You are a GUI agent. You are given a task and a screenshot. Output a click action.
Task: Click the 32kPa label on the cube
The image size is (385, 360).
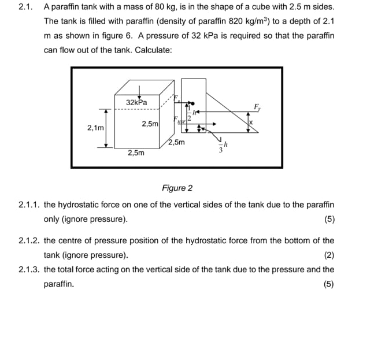(136, 102)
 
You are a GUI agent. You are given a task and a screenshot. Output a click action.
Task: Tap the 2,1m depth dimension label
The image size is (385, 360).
(95, 127)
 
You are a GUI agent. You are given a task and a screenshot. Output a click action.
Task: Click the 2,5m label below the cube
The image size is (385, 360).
(136, 153)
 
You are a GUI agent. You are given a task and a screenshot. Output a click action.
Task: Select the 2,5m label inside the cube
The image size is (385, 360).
(150, 124)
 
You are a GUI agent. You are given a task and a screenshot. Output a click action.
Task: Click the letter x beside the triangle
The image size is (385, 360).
(251, 123)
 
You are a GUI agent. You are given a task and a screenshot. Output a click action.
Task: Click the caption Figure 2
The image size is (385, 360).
(177, 188)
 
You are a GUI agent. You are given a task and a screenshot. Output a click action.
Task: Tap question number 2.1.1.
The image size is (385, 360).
(29, 205)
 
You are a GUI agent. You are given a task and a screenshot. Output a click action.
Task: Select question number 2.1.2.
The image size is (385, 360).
(29, 240)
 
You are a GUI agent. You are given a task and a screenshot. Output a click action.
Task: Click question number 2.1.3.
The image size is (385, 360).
(29, 269)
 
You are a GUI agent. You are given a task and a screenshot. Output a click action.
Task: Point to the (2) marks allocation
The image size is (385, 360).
(329, 255)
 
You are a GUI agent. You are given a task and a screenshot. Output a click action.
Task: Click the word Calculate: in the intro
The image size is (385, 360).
(153, 50)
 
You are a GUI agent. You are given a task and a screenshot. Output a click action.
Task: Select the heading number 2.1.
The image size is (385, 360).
(25, 8)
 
